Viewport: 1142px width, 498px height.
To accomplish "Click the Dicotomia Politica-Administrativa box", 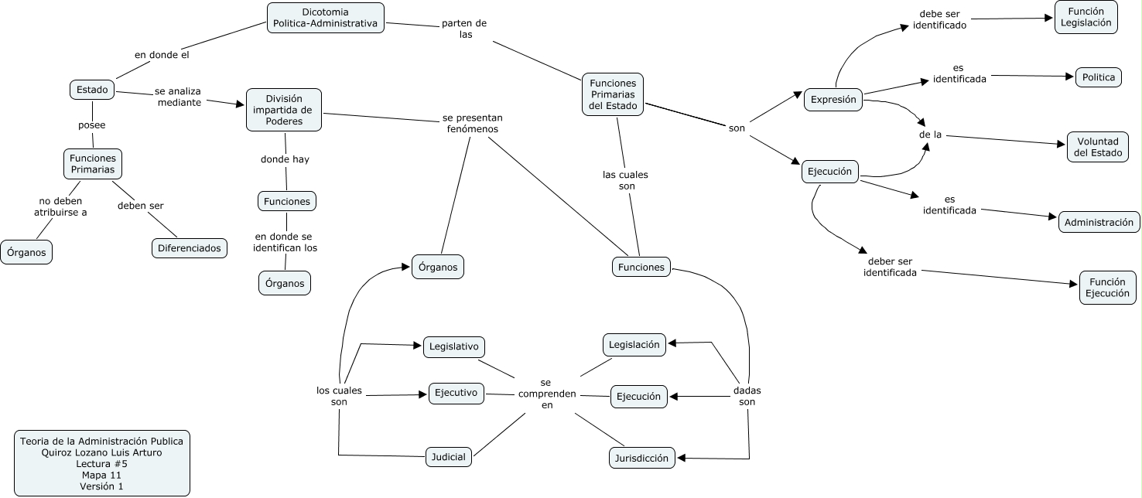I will coord(325,18).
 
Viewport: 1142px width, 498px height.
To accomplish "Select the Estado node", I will coord(93,90).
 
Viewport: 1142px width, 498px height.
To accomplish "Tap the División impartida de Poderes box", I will coord(284,110).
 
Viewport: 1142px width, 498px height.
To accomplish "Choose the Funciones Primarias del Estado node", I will coord(613,94).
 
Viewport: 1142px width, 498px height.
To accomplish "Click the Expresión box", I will coord(833,100).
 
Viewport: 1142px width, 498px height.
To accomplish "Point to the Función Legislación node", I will coord(1086,17).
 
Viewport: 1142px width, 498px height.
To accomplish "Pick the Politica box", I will coord(1099,77).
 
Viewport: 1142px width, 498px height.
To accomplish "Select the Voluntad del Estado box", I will coord(1097,147).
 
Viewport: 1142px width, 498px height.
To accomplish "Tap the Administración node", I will coord(1099,223).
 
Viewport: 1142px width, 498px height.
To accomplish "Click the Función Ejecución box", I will coord(1107,288).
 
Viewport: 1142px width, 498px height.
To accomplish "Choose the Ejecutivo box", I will coord(456,393).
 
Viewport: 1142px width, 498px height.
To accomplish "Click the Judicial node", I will coord(449,457).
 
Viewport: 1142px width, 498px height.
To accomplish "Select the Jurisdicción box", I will coord(641,458).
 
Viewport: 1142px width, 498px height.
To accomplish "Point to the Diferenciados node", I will coord(189,248).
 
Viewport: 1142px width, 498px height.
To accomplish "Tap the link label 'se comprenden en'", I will coord(546,394).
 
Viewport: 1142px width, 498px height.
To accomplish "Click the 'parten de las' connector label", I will coord(464,29).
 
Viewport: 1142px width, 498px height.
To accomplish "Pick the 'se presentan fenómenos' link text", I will coord(473,124).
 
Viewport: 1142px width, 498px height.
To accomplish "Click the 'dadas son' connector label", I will coord(747,396).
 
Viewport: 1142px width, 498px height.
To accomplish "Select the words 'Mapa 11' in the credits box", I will coord(101,475).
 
